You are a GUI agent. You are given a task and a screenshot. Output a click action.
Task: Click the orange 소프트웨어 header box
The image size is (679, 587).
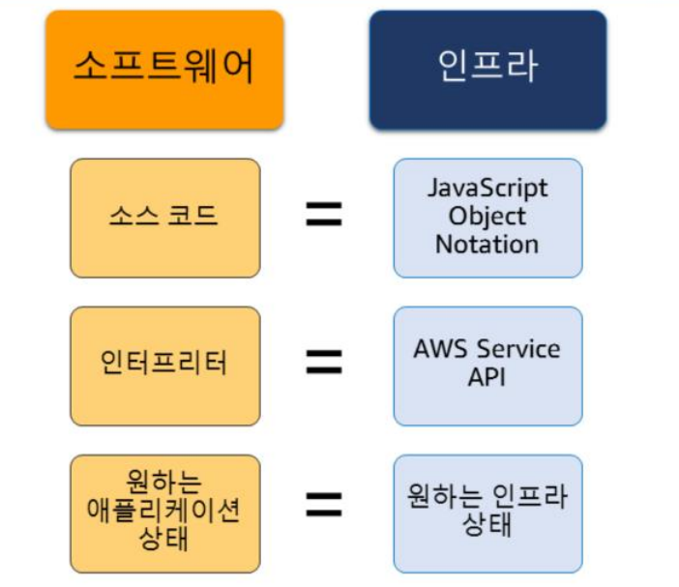point(164,70)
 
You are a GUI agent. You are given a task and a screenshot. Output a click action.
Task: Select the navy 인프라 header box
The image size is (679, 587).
point(487,70)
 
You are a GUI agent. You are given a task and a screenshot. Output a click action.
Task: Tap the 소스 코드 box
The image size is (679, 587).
point(164,218)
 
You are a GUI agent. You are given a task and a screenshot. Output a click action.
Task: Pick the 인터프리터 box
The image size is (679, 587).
point(164,366)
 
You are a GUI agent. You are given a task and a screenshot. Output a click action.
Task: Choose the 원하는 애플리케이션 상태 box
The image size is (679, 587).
point(164,514)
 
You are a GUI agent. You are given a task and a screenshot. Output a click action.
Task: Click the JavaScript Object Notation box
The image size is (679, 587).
point(487,218)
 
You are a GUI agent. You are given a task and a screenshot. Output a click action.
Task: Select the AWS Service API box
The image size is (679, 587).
point(487,366)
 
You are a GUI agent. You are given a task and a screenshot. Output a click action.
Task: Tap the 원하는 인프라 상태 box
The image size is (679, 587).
point(487,514)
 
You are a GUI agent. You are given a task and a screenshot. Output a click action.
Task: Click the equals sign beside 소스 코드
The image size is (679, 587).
point(324,216)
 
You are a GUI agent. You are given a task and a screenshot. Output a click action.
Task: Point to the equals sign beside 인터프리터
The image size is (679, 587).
point(324,363)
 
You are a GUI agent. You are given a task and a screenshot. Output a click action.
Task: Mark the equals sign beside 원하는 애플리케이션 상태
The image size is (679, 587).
point(324,504)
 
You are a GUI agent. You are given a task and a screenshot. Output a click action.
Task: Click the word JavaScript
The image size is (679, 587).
point(487,189)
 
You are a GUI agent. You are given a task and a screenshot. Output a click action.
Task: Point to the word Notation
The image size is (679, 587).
point(487,245)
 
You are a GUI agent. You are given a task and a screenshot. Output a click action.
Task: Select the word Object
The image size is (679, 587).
point(487,217)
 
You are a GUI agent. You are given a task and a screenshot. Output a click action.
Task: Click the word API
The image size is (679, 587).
point(487,377)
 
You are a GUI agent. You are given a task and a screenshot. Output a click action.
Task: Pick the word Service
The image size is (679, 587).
point(515,349)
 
